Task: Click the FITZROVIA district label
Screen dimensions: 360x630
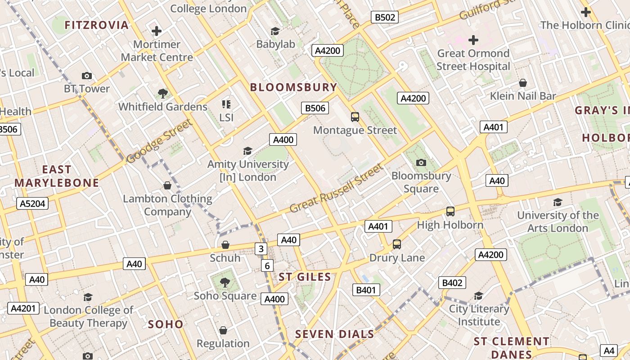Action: (x=97, y=25)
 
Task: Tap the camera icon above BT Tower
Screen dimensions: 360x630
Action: (x=87, y=76)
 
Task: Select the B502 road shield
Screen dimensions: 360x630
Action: (x=385, y=17)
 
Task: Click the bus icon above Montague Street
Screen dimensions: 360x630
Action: (x=355, y=117)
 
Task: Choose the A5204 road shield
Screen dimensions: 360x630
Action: (x=33, y=203)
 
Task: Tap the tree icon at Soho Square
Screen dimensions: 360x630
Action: (x=225, y=283)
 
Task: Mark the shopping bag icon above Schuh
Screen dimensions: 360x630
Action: (x=225, y=245)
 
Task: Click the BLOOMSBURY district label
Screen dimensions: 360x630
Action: (x=293, y=87)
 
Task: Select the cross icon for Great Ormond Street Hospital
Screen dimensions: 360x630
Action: (x=473, y=40)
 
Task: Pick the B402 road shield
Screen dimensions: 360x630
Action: (x=452, y=283)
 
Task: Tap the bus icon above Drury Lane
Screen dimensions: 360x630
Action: (x=396, y=244)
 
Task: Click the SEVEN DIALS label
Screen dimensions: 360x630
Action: (x=334, y=334)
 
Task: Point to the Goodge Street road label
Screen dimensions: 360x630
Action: (x=159, y=141)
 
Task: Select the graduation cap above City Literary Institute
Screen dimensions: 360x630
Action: (x=479, y=296)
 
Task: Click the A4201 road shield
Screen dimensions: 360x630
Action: (x=23, y=308)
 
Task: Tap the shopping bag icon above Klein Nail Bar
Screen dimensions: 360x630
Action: (x=523, y=83)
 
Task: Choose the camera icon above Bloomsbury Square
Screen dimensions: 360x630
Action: (x=421, y=162)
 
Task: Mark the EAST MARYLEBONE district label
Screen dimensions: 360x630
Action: (x=57, y=176)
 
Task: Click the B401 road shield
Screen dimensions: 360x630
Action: (x=366, y=290)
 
